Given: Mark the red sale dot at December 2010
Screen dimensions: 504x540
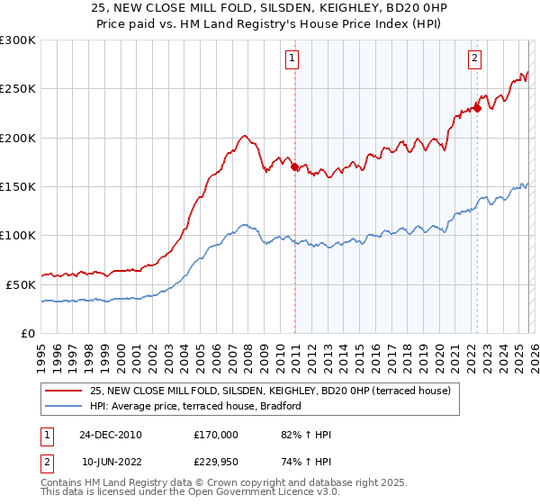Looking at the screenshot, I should tap(294, 166).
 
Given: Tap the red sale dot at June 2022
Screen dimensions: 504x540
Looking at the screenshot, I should tap(477, 109).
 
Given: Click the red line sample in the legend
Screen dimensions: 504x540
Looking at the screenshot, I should tap(63, 391).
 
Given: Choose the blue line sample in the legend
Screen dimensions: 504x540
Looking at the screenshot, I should tap(63, 406).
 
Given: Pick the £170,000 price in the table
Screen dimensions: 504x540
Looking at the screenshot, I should tap(216, 435).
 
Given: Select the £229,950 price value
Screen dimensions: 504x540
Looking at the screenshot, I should tap(216, 462).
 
